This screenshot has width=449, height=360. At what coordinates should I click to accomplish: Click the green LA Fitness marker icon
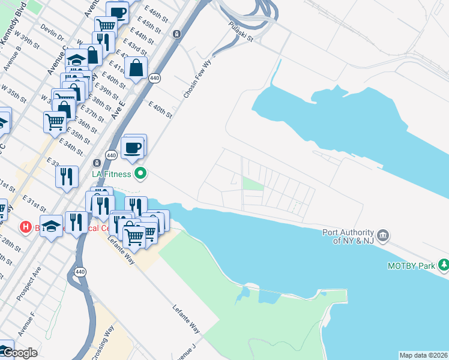pos(141,175)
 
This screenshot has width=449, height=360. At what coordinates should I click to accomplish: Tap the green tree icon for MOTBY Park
pos(444,264)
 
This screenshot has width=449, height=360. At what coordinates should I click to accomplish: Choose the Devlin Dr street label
pos(52,30)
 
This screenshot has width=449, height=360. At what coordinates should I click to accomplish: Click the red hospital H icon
pos(25,227)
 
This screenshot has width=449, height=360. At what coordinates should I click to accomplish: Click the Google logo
pos(19,353)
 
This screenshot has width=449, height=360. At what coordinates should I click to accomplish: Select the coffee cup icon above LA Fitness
pos(132,148)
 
